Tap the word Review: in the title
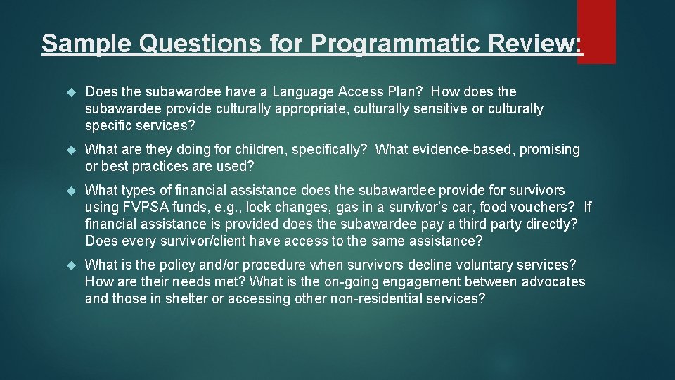click(542, 44)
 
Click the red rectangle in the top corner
click(596, 32)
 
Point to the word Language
click(303, 92)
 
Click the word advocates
click(552, 281)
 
